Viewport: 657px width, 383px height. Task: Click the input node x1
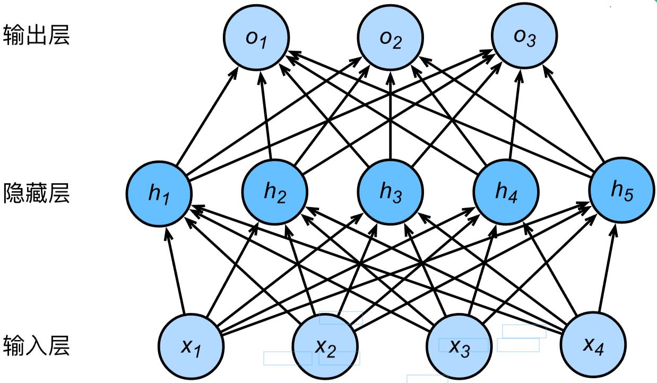(x=191, y=346)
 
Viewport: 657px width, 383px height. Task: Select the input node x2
(x=325, y=346)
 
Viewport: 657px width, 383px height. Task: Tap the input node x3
(x=460, y=346)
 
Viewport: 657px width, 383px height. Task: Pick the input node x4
(x=594, y=346)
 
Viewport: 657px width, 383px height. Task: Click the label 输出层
(x=36, y=36)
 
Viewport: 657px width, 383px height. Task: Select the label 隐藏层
(x=36, y=193)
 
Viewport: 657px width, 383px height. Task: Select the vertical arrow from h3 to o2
(x=390, y=117)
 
